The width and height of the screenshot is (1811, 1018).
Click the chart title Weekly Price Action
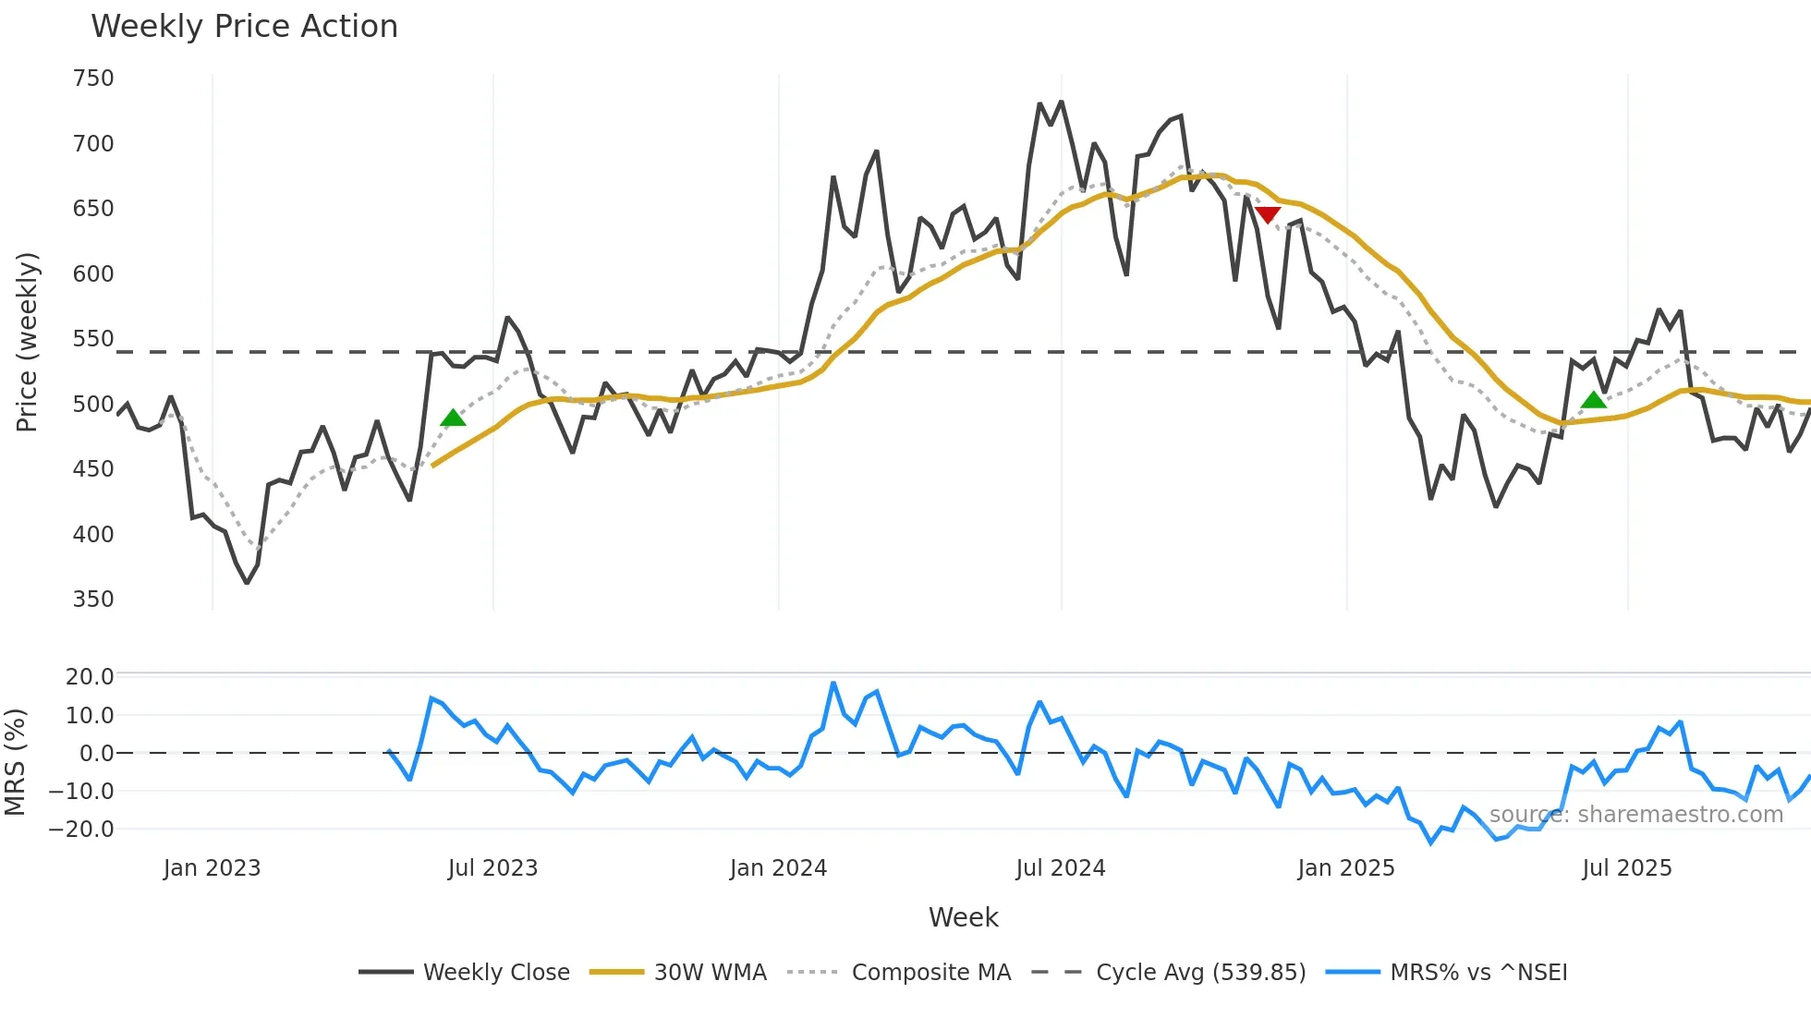tap(244, 27)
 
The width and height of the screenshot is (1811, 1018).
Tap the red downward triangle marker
tap(1268, 215)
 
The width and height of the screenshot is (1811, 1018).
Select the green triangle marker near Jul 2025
tap(1594, 400)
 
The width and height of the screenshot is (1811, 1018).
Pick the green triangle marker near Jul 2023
tap(453, 418)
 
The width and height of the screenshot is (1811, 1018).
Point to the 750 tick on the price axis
tap(93, 79)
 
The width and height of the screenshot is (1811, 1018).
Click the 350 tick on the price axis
tap(93, 600)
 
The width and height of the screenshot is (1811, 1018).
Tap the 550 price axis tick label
tap(93, 339)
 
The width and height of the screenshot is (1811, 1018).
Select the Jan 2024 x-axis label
tap(778, 868)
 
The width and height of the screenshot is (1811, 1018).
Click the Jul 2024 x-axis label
tap(1061, 868)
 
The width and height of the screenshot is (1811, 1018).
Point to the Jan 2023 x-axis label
tap(212, 868)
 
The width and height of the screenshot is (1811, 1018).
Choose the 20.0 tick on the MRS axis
tap(90, 677)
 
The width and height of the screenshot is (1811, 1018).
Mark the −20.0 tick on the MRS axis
tap(81, 830)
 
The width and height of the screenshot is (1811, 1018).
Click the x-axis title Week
tap(963, 917)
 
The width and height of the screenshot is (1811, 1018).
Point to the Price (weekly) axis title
tap(27, 342)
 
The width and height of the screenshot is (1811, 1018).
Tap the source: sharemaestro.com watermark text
tap(1635, 815)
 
